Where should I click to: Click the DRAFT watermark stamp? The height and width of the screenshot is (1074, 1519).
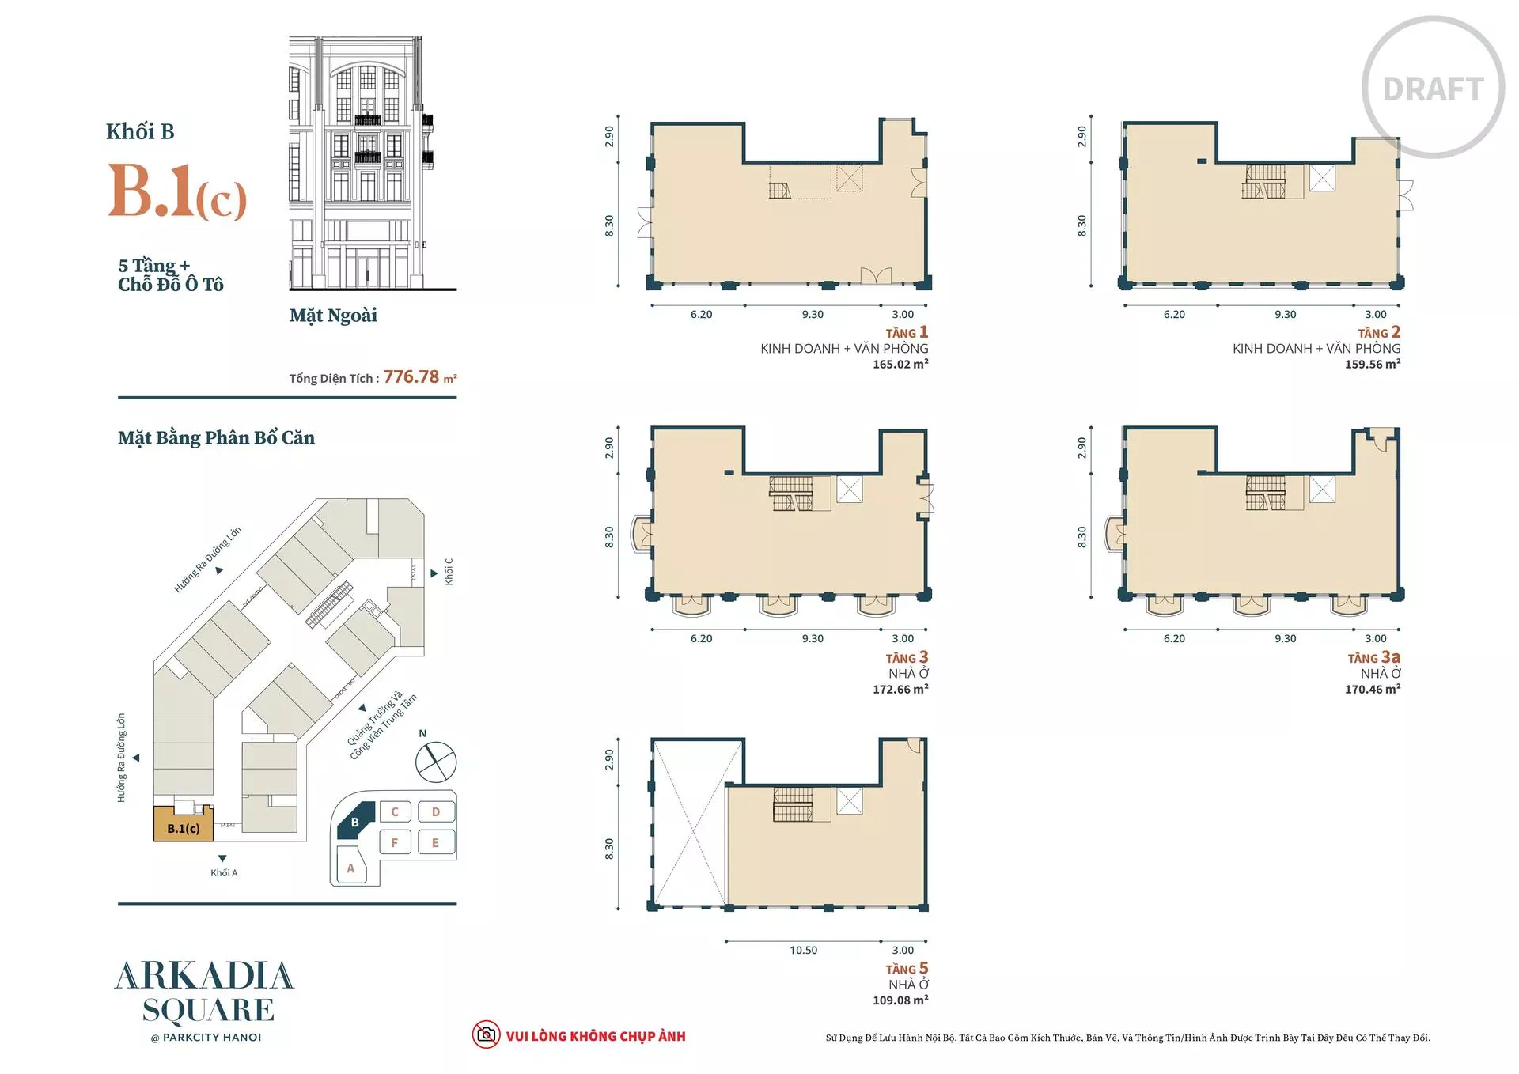click(x=1433, y=87)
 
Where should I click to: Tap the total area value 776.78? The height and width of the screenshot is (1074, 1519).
click(x=411, y=377)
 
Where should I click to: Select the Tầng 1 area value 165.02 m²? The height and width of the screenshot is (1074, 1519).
click(x=900, y=365)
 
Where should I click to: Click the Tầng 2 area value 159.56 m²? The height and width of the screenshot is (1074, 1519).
click(x=1373, y=365)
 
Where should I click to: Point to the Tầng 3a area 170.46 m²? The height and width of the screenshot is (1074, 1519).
click(x=1373, y=690)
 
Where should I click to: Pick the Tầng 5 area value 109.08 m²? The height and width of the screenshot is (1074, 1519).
click(x=900, y=1000)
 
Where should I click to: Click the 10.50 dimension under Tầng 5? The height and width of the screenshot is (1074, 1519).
click(x=803, y=950)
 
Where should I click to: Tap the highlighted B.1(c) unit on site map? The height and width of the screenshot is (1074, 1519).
click(x=184, y=825)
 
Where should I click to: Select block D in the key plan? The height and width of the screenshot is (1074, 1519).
click(x=435, y=812)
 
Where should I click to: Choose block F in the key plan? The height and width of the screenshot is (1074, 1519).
click(x=395, y=842)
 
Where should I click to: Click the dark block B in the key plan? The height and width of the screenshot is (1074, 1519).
click(x=355, y=822)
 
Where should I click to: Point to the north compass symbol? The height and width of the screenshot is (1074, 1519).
click(x=436, y=761)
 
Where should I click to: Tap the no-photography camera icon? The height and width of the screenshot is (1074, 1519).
click(x=486, y=1034)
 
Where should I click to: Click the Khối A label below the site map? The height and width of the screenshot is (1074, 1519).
click(x=224, y=873)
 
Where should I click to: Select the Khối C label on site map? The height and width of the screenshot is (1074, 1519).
click(x=449, y=572)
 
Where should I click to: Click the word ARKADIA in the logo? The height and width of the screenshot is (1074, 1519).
click(x=205, y=977)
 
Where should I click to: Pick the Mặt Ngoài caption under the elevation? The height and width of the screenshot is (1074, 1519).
click(x=333, y=316)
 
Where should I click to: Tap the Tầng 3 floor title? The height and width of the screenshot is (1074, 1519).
click(x=907, y=658)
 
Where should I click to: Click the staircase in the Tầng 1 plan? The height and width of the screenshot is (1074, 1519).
click(x=779, y=190)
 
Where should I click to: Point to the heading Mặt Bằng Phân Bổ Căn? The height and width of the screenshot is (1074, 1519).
click(x=216, y=437)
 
